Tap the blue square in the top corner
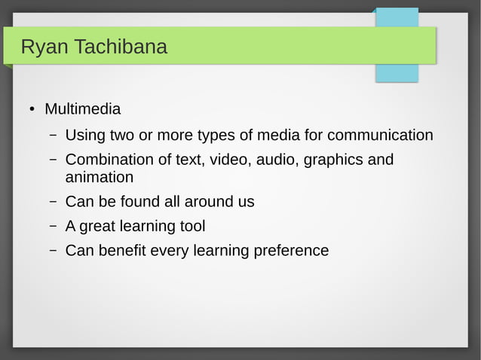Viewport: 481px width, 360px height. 397,45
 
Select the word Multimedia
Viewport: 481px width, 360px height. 82,109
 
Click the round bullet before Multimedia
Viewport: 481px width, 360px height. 32,110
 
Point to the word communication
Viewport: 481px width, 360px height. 380,136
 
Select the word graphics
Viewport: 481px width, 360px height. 333,160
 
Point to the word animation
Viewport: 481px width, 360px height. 99,178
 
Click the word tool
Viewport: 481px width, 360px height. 191,226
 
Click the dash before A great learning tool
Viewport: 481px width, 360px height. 54,226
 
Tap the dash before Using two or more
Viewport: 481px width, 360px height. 54,136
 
